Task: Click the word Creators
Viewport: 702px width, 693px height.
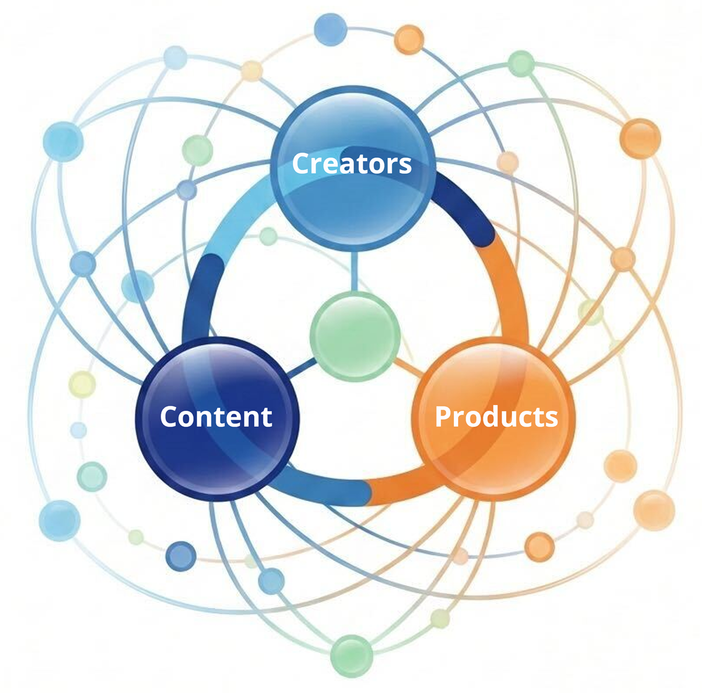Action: [352, 163]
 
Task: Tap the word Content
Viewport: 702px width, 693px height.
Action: [216, 417]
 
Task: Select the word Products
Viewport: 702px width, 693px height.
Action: [496, 417]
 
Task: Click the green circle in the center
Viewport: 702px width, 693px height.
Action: [355, 336]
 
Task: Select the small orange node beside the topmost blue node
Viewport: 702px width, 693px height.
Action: [409, 39]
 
